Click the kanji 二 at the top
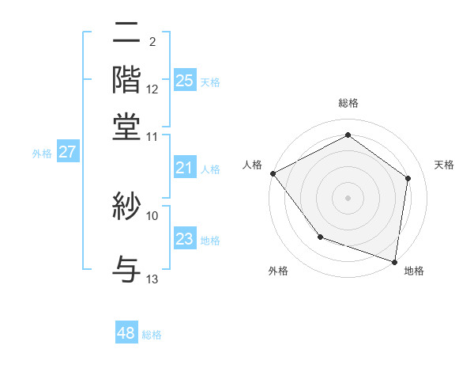coord(127,36)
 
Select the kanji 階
coord(127,79)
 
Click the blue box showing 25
coord(184,81)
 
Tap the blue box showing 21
coord(184,168)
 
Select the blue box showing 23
coord(184,240)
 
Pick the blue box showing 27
coord(67,152)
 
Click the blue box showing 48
coord(126,333)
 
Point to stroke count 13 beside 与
coord(152,279)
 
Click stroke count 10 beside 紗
coord(152,215)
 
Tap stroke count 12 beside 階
coord(152,89)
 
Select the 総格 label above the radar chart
coord(348,103)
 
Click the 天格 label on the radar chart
coord(444,165)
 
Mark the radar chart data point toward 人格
coord(273,173)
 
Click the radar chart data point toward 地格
coord(395,261)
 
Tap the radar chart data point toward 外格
coord(320,237)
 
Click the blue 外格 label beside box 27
coord(41,154)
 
